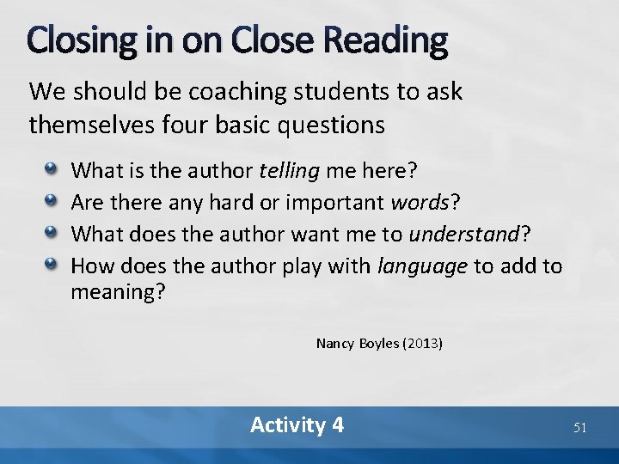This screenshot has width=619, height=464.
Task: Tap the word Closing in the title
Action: click(77, 40)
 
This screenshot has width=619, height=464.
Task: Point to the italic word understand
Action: click(464, 235)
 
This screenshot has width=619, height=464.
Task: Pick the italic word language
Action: click(423, 266)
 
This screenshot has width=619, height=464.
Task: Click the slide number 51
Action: click(579, 427)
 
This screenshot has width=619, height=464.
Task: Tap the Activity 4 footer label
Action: click(297, 424)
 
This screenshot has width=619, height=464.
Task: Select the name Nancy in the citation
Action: click(334, 344)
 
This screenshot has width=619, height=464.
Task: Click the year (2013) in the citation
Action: click(422, 344)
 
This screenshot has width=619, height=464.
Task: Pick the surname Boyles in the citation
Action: click(378, 344)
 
